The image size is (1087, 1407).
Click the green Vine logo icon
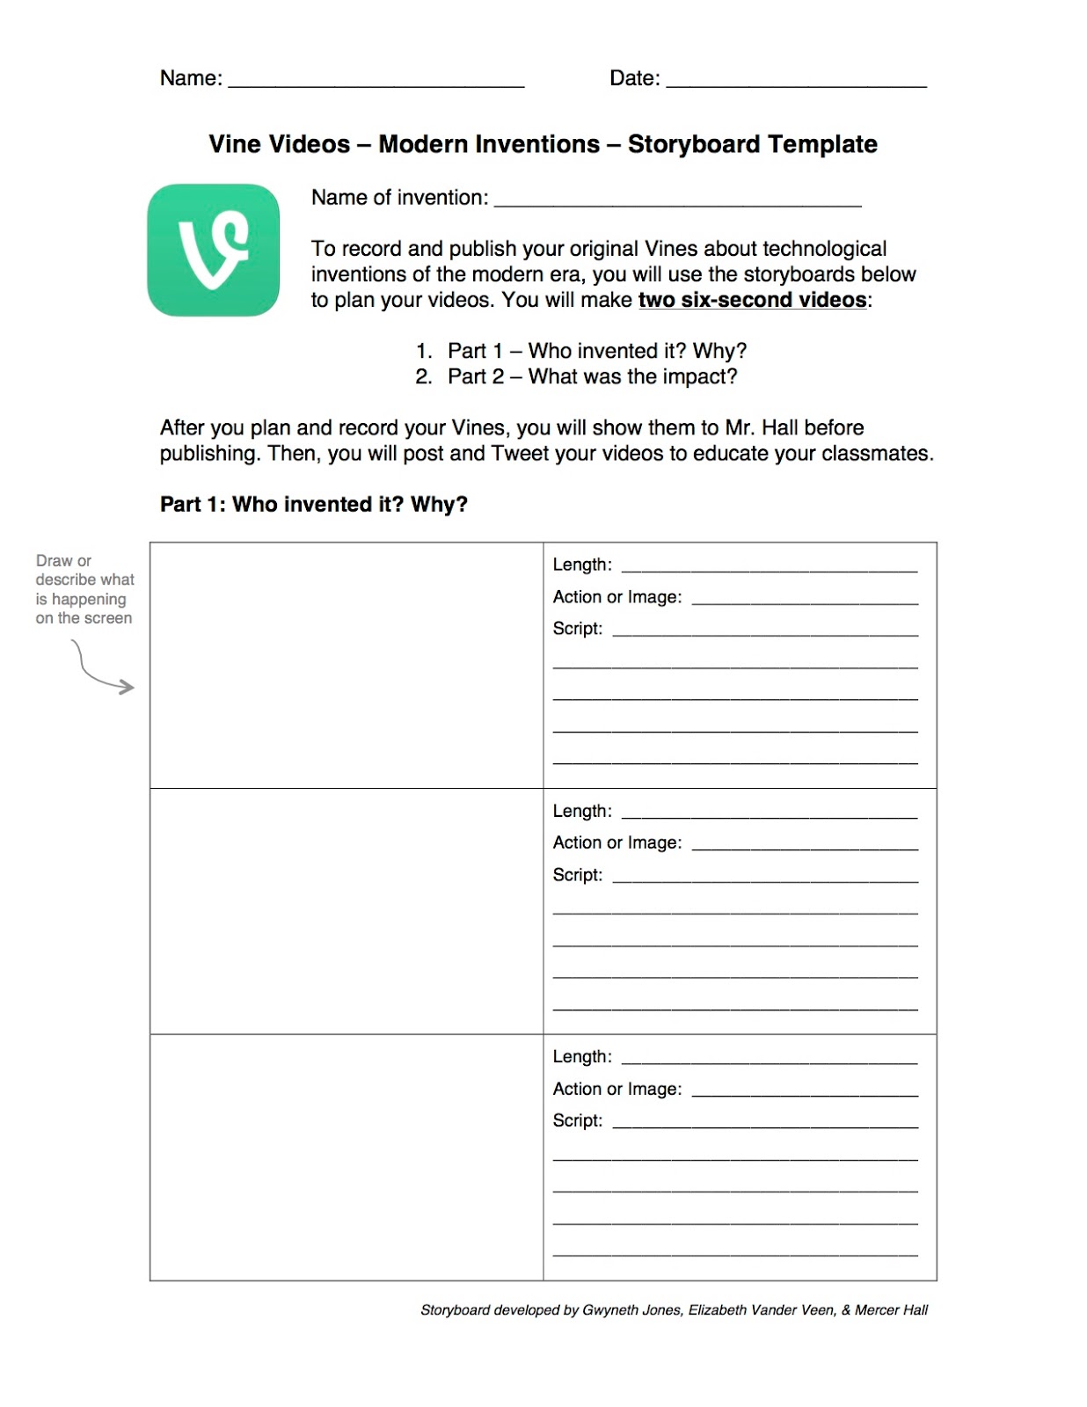click(213, 250)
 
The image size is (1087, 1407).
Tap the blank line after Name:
click(376, 84)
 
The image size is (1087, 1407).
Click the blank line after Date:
click(796, 84)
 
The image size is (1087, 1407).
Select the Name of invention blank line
click(677, 203)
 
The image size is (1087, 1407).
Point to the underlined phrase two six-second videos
click(752, 300)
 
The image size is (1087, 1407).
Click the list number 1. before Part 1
click(424, 351)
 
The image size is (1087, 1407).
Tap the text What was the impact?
click(632, 376)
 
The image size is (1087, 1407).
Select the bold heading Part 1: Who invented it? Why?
click(313, 504)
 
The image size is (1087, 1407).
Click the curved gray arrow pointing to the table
click(101, 668)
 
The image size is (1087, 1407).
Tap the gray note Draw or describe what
click(84, 571)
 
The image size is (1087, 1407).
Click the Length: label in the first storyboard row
click(582, 565)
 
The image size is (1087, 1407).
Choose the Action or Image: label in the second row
click(616, 842)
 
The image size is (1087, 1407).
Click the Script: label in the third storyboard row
click(577, 1120)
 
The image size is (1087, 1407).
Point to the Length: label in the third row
click(582, 1056)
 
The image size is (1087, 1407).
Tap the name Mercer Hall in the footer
click(891, 1310)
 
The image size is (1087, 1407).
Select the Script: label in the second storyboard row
click(577, 875)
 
